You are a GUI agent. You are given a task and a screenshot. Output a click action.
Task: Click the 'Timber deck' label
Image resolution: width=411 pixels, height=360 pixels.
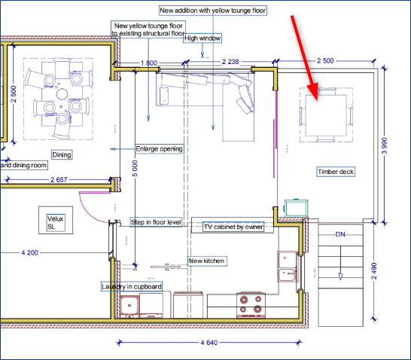pos(336,172)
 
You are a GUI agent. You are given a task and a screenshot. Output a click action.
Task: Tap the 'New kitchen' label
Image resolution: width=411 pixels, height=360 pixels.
pos(207,261)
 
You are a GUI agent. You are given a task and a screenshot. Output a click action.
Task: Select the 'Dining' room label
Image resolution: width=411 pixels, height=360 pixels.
pos(62,154)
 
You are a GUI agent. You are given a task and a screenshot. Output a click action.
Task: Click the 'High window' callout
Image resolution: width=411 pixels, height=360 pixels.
pos(202,38)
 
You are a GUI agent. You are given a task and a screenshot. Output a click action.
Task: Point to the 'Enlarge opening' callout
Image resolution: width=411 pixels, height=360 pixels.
pos(160,149)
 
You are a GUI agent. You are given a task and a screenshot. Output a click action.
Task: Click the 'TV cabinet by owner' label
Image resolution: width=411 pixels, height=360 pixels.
pos(233,227)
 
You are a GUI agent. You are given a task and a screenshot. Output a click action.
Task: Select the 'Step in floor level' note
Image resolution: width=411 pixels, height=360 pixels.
pos(156,222)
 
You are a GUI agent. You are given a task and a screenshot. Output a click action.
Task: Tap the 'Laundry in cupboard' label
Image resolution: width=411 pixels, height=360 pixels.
pos(132,287)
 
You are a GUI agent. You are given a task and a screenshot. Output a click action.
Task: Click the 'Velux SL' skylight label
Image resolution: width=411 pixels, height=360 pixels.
pos(55,223)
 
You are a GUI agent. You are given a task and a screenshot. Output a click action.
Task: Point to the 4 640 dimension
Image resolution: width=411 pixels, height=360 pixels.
pos(209,343)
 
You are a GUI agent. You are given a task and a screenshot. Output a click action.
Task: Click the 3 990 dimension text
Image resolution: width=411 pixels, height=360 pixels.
pos(384,146)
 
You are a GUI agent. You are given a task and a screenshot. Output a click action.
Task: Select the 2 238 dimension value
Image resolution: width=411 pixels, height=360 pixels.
pos(230,62)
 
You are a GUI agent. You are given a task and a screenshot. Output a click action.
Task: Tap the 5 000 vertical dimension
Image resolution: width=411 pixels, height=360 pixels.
pos(135,169)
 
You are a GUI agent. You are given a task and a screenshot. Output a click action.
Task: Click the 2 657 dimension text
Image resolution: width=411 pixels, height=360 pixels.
pos(59,179)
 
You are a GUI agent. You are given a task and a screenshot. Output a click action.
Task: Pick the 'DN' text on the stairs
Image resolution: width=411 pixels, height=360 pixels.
pos(340,234)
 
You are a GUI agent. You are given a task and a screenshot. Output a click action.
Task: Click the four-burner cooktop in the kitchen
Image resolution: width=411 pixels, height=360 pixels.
pos(251,304)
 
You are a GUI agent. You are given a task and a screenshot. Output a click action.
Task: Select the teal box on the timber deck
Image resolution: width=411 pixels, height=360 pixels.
pos(296,208)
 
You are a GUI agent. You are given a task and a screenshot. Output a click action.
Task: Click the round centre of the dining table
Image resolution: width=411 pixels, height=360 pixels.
pos(62,94)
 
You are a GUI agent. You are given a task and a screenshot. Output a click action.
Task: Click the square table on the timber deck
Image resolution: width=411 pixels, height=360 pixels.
pos(326,115)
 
